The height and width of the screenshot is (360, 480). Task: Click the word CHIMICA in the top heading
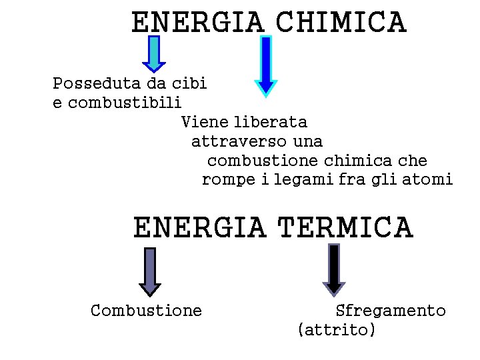point(340,22)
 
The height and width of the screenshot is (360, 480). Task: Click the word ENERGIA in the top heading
point(197,22)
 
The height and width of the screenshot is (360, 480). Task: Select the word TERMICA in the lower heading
point(345,227)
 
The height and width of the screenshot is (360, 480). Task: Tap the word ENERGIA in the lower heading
point(199,227)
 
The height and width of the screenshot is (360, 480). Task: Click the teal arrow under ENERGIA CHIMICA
point(154,53)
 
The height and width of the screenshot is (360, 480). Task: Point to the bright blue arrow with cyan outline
point(266,65)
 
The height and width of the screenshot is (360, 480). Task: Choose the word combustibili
point(125,103)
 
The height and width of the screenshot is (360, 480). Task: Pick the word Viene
point(205,123)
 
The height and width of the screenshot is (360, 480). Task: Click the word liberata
point(271,123)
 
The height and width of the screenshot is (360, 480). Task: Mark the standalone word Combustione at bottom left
point(146,311)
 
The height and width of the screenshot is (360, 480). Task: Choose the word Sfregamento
point(391,311)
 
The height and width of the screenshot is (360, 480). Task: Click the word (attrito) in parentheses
point(337,330)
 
